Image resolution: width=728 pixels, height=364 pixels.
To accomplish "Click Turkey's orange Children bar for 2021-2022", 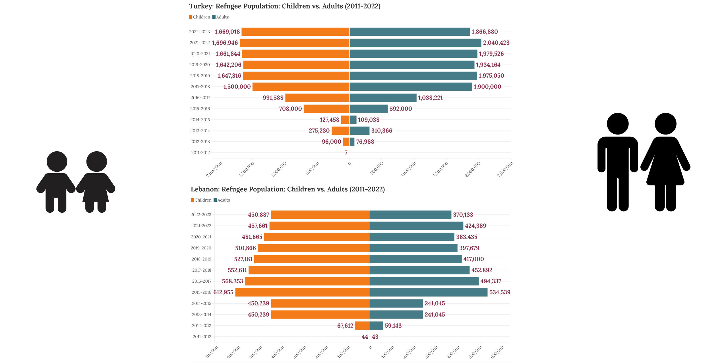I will (294, 43).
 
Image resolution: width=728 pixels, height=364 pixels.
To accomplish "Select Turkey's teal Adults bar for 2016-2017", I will (383, 98).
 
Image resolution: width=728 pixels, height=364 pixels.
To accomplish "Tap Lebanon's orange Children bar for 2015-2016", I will (303, 292).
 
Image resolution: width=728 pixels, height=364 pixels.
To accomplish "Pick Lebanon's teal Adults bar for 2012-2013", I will (377, 325).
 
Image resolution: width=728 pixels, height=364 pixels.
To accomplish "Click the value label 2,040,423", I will (496, 43).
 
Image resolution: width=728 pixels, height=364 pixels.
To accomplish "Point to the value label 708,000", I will (290, 109).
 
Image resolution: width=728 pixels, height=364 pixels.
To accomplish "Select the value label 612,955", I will (223, 292).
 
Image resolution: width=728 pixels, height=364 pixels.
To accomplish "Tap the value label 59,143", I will (393, 325).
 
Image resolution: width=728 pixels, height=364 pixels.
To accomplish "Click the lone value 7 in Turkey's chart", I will (346, 153).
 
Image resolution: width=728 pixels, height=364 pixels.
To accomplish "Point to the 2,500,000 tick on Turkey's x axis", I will (505, 169).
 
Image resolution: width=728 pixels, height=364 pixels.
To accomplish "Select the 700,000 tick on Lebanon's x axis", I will (211, 352).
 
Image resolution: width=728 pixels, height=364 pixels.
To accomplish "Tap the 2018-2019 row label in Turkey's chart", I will (200, 76).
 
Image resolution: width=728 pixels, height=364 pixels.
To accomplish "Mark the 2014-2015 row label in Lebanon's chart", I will (201, 303).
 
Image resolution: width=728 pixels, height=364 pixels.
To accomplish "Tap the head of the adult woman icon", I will (665, 124).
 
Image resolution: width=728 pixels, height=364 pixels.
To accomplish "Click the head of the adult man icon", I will (618, 124).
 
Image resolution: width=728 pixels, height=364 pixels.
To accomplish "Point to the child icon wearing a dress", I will (96, 182).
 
